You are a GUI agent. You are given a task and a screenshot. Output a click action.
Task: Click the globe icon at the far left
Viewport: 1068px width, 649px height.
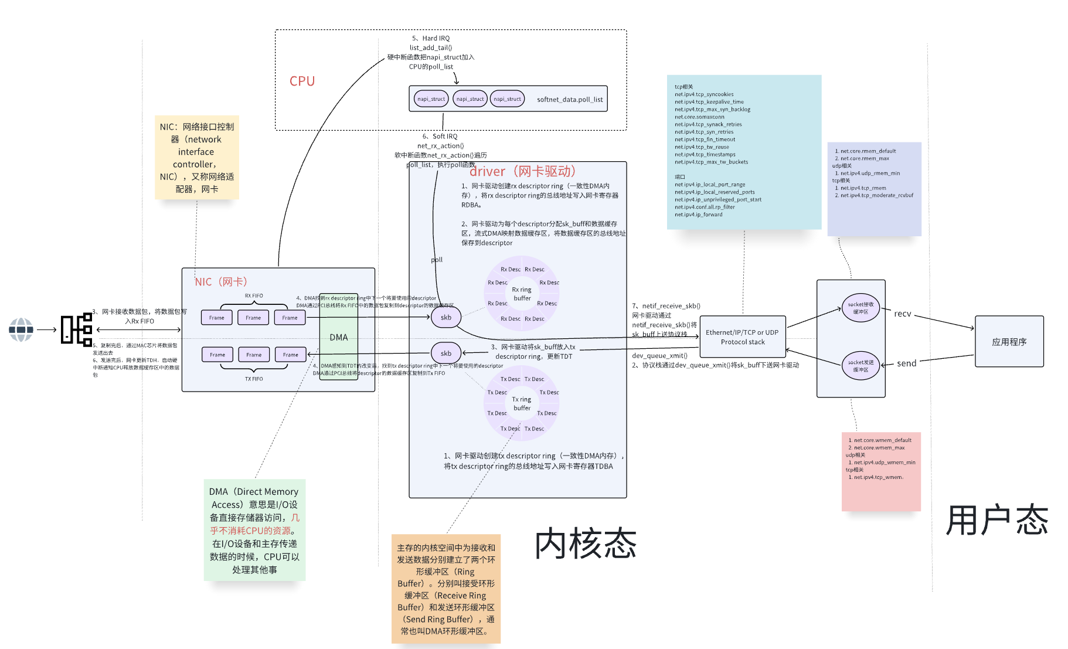pyautogui.click(x=21, y=329)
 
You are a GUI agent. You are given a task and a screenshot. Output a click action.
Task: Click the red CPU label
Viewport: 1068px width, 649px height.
pyautogui.click(x=302, y=81)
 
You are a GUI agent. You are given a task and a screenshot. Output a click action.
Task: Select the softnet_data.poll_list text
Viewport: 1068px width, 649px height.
pyautogui.click(x=569, y=99)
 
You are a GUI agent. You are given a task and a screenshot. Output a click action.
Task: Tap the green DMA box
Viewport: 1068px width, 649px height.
pyautogui.click(x=339, y=337)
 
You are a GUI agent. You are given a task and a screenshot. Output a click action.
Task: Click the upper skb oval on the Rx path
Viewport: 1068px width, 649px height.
pyautogui.click(x=445, y=317)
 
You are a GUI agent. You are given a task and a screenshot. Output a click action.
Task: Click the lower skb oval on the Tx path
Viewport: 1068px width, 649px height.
pyautogui.click(x=445, y=353)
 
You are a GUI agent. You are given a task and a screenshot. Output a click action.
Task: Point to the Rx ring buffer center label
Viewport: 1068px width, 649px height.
pyautogui.click(x=521, y=294)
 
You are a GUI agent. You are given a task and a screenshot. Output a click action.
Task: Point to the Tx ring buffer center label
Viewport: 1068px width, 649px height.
pyautogui.click(x=521, y=403)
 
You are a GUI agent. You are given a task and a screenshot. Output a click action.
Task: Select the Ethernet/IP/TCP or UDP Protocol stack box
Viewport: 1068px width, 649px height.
pyautogui.click(x=742, y=337)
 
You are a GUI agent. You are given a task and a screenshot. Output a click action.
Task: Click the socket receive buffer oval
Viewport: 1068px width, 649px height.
pyautogui.click(x=860, y=308)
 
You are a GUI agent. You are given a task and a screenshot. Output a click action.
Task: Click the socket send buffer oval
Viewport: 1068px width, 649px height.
pyautogui.click(x=860, y=365)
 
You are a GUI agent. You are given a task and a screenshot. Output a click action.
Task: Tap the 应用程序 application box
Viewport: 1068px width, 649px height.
pyautogui.click(x=1009, y=341)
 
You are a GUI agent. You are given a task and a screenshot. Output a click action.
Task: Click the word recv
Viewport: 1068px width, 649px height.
pyautogui.click(x=902, y=314)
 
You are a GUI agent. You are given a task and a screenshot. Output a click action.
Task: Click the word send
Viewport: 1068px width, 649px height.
pyautogui.click(x=906, y=363)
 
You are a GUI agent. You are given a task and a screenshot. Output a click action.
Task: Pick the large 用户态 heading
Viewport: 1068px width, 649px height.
pyautogui.click(x=996, y=520)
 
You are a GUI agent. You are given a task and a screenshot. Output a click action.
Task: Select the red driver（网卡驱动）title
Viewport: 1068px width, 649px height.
pyautogui.click(x=522, y=171)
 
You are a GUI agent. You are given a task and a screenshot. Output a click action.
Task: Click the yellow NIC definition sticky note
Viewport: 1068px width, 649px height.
pyautogui.click(x=196, y=157)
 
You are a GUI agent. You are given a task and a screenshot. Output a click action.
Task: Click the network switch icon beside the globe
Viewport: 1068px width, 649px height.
pyautogui.click(x=77, y=329)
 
